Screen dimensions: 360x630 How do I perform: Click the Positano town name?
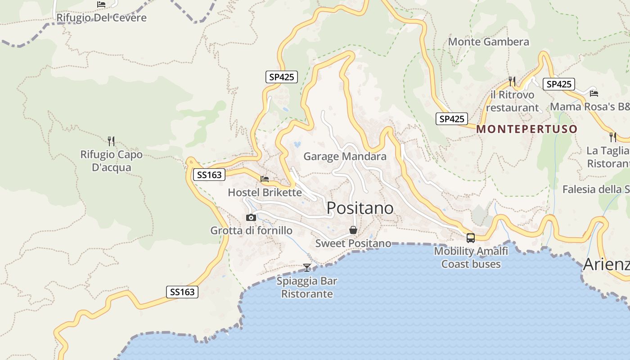360,208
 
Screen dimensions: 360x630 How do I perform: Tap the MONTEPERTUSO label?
526,129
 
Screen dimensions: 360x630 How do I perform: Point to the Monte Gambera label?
488,42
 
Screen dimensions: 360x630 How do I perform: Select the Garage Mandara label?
345,157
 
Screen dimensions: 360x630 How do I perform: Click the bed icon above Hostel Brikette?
265,179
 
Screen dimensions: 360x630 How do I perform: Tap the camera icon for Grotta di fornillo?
251,218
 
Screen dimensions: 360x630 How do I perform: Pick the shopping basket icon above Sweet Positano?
353,230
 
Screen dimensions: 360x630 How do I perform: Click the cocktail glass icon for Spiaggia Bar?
307,268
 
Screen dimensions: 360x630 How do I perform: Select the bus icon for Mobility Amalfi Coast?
470,238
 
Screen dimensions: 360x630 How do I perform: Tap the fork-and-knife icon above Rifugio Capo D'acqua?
111,141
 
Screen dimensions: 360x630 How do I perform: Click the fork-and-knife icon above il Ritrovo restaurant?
512,81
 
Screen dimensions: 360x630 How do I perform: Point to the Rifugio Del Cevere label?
101,18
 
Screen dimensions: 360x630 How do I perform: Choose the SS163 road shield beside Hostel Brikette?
209,175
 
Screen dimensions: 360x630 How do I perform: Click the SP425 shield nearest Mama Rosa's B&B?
558,84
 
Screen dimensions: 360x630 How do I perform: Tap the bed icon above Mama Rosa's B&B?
594,94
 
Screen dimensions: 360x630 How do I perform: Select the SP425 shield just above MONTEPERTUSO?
451,119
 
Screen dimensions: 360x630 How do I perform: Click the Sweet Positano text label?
353,243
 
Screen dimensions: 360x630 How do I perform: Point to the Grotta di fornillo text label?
251,231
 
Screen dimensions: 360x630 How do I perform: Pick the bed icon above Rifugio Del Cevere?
101,4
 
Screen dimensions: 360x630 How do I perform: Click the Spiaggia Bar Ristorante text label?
306,288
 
